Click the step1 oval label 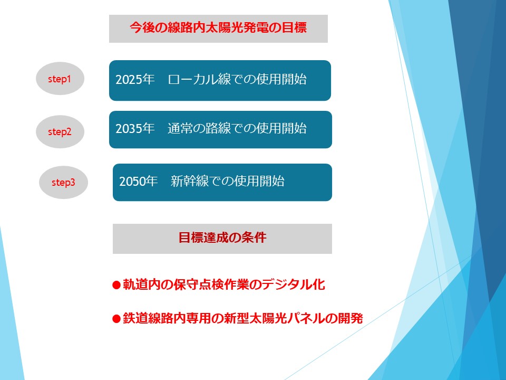(60, 79)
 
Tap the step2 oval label (60, 131)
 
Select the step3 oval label (63, 182)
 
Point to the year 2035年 (135, 129)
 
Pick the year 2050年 (139, 181)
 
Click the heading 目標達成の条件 (222, 237)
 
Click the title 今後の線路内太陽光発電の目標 (218, 27)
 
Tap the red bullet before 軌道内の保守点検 (116, 284)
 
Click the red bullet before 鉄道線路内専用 (116, 319)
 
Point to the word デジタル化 (294, 284)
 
